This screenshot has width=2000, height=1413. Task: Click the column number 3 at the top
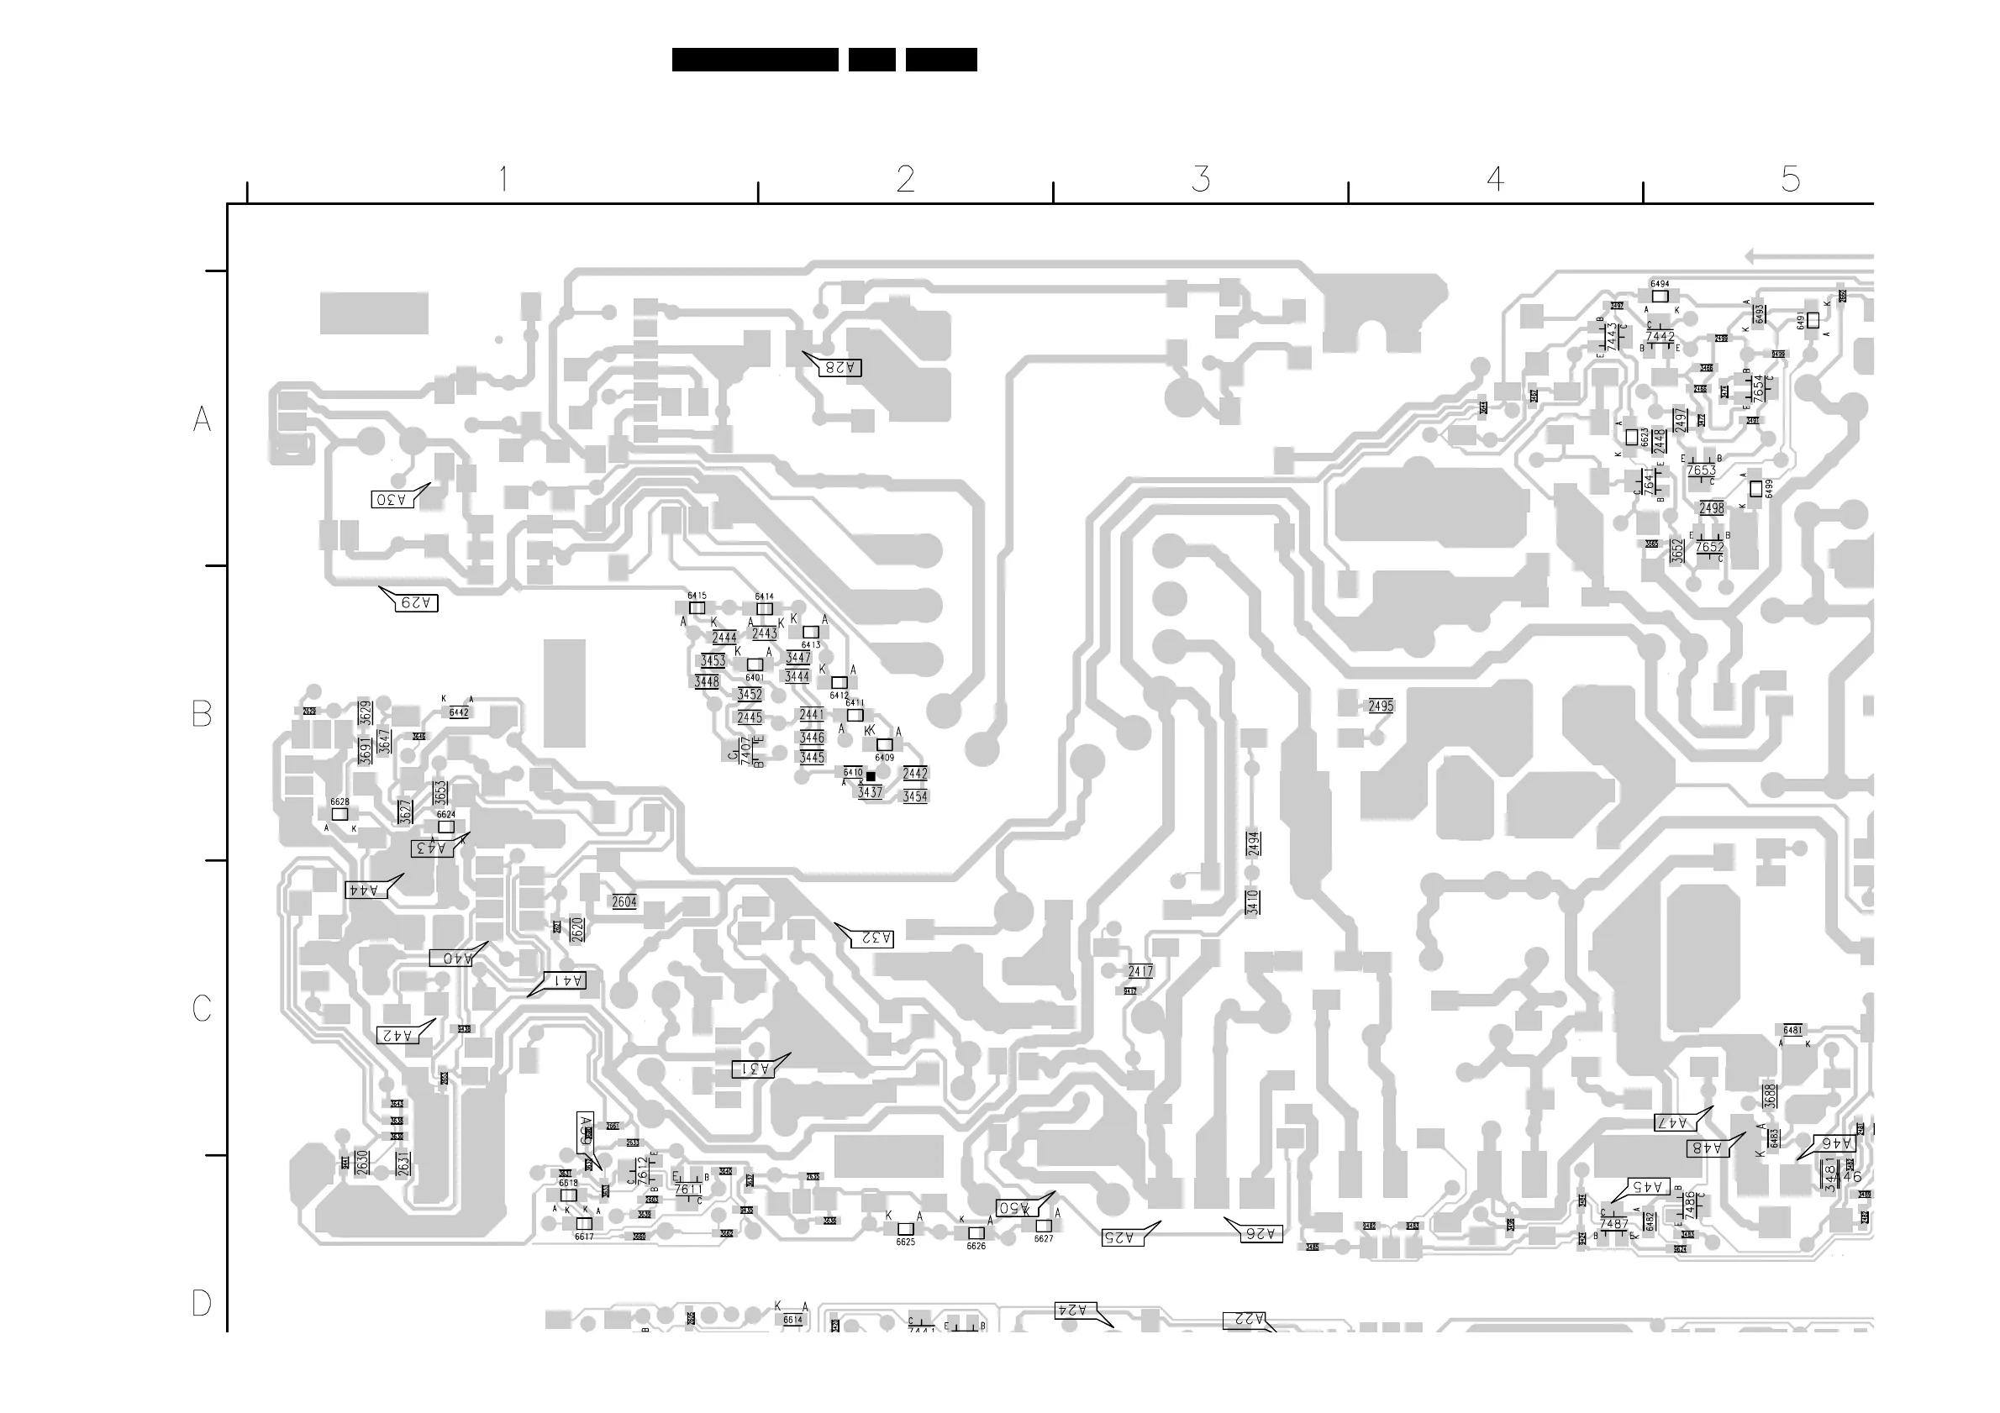pyautogui.click(x=1200, y=179)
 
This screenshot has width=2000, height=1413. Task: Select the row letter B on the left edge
pyautogui.click(x=201, y=714)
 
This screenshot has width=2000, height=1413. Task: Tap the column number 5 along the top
pyautogui.click(x=1790, y=179)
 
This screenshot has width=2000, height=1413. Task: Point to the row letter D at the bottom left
pyautogui.click(x=201, y=1303)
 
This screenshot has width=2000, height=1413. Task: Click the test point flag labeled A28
pyautogui.click(x=839, y=367)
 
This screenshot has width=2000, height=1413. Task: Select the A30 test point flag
pyautogui.click(x=391, y=499)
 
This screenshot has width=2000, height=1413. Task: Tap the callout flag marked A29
pyautogui.click(x=414, y=602)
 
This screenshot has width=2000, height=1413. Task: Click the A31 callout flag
pyautogui.click(x=755, y=1069)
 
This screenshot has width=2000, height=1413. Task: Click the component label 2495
pyautogui.click(x=1381, y=706)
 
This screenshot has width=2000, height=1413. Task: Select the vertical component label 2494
pyautogui.click(x=1253, y=843)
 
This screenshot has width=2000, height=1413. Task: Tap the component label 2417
pyautogui.click(x=1140, y=972)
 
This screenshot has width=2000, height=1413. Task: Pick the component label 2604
pyautogui.click(x=624, y=902)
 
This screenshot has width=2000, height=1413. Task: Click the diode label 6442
pyautogui.click(x=459, y=712)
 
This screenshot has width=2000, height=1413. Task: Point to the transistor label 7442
pyautogui.click(x=1660, y=337)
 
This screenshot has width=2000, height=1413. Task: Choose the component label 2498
pyautogui.click(x=1711, y=508)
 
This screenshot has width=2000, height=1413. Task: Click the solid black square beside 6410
pyautogui.click(x=871, y=776)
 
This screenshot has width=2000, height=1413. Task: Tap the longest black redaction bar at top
pyautogui.click(x=755, y=59)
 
